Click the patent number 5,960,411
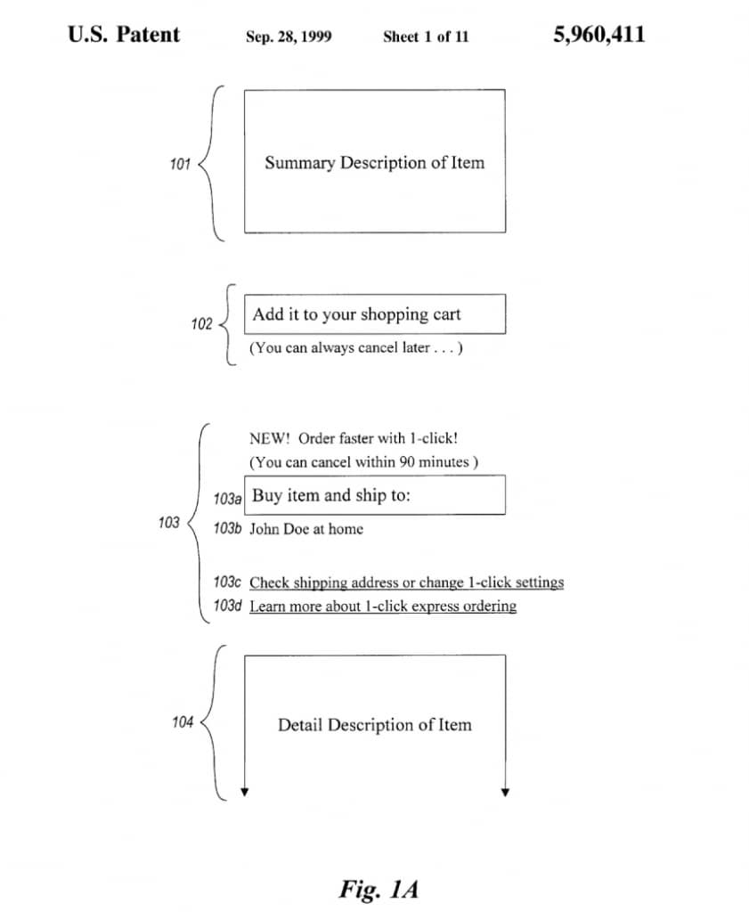pyautogui.click(x=599, y=35)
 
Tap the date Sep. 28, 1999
pyautogui.click(x=289, y=37)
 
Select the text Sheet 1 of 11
pyautogui.click(x=426, y=37)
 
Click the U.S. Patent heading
pyautogui.click(x=124, y=35)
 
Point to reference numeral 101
pyautogui.click(x=180, y=164)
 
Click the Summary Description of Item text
pyautogui.click(x=374, y=162)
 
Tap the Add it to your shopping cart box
pyautogui.click(x=374, y=314)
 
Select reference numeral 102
pyautogui.click(x=202, y=324)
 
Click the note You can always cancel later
pyautogui.click(x=356, y=348)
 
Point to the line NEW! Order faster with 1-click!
pyautogui.click(x=354, y=438)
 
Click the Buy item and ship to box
pyautogui.click(x=374, y=495)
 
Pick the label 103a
pyautogui.click(x=227, y=499)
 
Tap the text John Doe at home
pyautogui.click(x=306, y=529)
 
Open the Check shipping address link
pyautogui.click(x=406, y=582)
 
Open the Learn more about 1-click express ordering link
pyautogui.click(x=383, y=606)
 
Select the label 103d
pyautogui.click(x=227, y=606)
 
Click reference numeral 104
pyautogui.click(x=183, y=721)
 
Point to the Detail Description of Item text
pyautogui.click(x=374, y=725)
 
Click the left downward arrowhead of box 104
pyautogui.click(x=245, y=792)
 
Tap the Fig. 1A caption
pyautogui.click(x=379, y=889)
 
